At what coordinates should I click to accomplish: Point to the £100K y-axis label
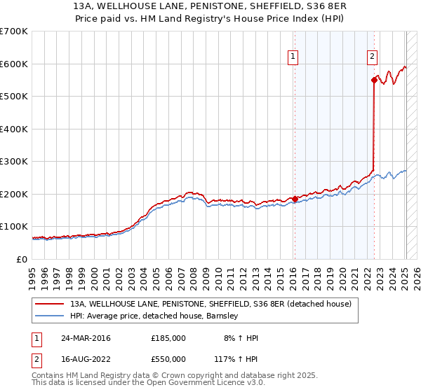pyautogui.click(x=14, y=227)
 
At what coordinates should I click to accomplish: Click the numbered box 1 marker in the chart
pyautogui.click(x=293, y=58)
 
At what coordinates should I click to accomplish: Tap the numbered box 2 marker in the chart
pyautogui.click(x=372, y=58)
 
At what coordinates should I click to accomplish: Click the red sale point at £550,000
pyautogui.click(x=374, y=80)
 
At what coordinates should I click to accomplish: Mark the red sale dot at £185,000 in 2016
pyautogui.click(x=295, y=199)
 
